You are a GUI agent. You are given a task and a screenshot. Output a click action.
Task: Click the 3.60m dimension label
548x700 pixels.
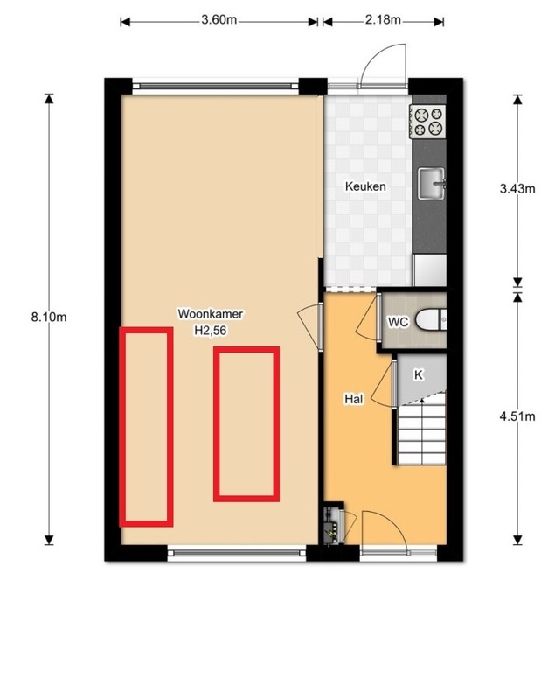click(x=219, y=20)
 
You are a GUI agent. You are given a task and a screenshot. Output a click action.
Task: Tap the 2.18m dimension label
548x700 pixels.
click(x=383, y=20)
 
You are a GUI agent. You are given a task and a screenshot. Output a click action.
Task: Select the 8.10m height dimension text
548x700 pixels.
click(x=49, y=318)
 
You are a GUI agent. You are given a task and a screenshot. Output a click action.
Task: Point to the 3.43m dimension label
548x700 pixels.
click(x=517, y=188)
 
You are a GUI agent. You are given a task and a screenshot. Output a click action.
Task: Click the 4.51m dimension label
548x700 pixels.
click(x=517, y=416)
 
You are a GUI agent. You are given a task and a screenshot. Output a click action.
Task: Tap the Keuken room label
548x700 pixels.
click(x=365, y=186)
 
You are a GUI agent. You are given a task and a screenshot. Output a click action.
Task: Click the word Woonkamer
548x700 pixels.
click(x=211, y=314)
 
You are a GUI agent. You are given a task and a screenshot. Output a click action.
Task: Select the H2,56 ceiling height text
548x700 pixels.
click(x=211, y=330)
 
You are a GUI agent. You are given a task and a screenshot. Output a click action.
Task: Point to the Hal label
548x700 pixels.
click(x=354, y=399)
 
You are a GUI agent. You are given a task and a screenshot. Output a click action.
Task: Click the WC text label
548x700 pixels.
click(x=398, y=322)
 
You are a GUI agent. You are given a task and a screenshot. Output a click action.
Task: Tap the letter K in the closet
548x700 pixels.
click(x=419, y=375)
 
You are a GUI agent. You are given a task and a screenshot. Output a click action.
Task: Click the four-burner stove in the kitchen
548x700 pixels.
click(x=427, y=122)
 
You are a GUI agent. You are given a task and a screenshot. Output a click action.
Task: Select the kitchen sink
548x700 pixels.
click(x=431, y=183)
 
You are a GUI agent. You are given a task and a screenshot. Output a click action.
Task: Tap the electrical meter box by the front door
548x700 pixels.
click(x=334, y=523)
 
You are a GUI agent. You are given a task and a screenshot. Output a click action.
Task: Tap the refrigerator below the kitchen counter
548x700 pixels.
click(x=430, y=270)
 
